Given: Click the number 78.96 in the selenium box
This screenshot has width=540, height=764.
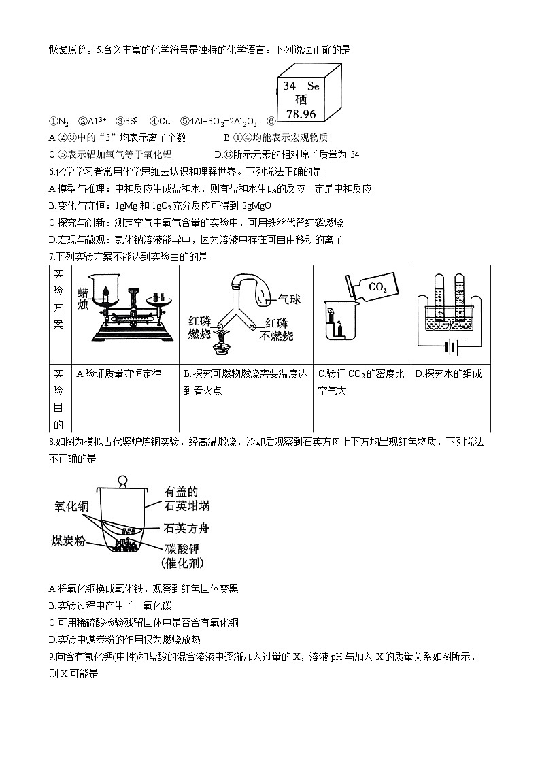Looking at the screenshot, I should (302, 114).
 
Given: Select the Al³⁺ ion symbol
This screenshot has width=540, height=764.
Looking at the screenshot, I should (95, 122).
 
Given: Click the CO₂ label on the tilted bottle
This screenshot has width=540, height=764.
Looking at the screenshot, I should (377, 288).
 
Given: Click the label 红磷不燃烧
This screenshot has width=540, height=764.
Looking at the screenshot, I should (279, 329).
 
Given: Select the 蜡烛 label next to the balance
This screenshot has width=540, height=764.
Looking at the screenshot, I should (84, 297).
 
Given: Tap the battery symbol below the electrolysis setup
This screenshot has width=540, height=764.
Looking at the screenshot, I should (448, 349).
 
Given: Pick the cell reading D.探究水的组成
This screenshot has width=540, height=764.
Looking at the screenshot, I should (448, 374).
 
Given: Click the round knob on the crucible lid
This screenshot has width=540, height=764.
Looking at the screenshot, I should (123, 480).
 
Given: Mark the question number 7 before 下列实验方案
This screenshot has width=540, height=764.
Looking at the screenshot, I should (52, 256).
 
